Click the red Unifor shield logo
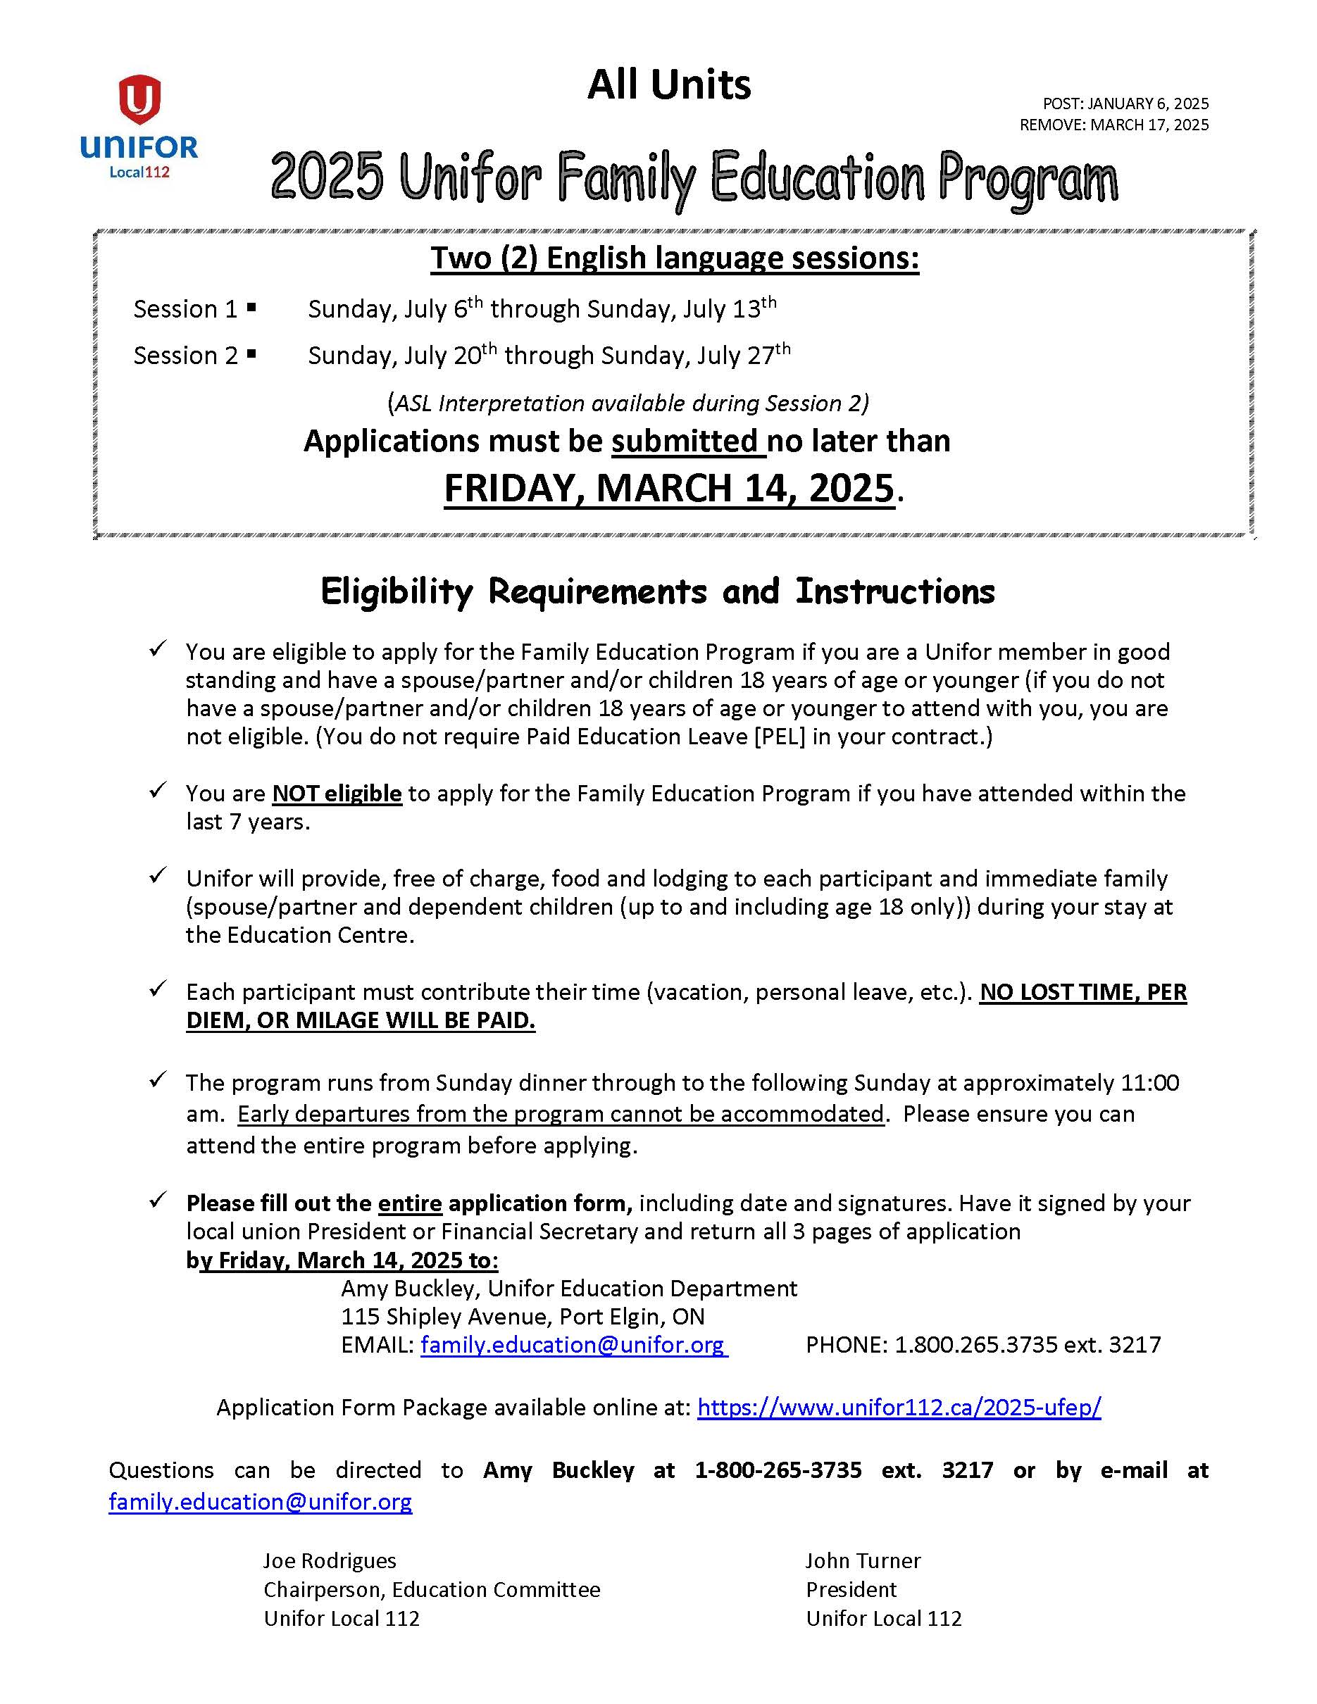click(139, 99)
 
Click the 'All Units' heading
click(668, 84)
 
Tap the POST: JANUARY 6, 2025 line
click(1125, 104)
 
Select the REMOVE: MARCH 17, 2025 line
click(1113, 125)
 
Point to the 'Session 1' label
click(185, 309)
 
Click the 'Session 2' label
click(185, 356)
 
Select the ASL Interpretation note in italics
click(628, 403)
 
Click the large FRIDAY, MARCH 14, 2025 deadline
click(668, 489)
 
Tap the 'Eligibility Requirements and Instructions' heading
click(658, 591)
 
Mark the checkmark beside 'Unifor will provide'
click(158, 876)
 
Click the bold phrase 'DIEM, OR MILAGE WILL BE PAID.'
click(361, 1020)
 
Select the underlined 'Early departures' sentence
click(560, 1113)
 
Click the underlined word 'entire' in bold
click(410, 1203)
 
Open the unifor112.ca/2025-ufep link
click(899, 1407)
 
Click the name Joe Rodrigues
click(330, 1560)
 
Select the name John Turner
click(863, 1560)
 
